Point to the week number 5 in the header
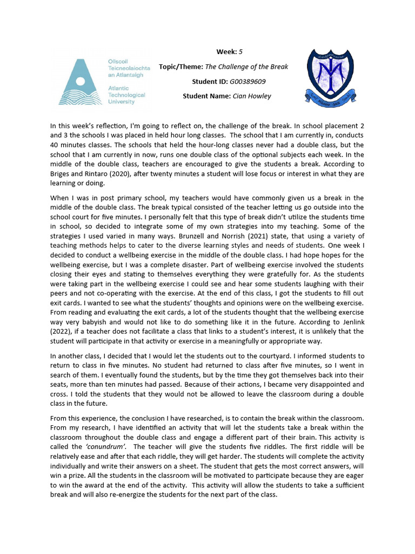point(240,51)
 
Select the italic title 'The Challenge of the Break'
point(246,67)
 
